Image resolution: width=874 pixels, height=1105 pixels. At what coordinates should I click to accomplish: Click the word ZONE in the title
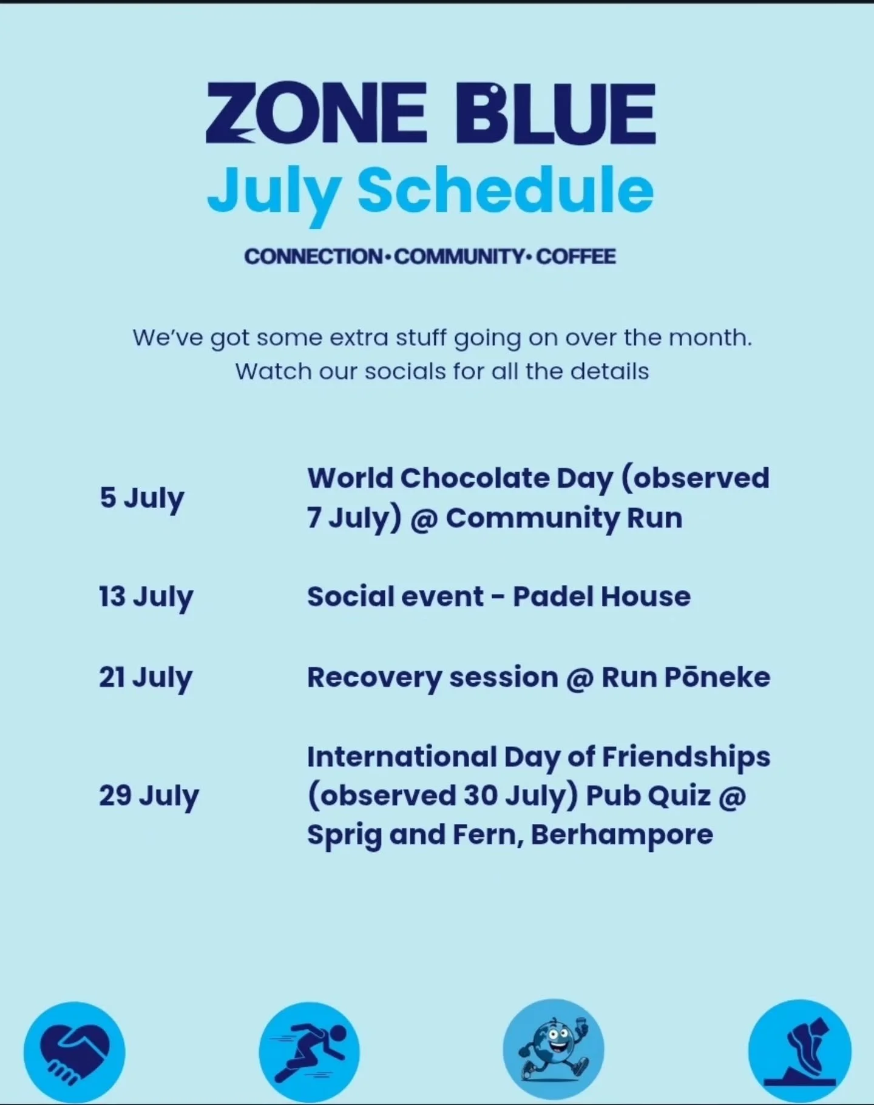click(x=316, y=113)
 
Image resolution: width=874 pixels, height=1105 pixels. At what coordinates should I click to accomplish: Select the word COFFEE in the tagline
click(x=575, y=256)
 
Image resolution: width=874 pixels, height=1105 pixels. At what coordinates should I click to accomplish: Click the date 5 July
click(x=142, y=499)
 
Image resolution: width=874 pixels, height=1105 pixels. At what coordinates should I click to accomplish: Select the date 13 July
click(x=146, y=597)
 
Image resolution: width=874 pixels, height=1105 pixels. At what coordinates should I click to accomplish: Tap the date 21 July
click(x=146, y=678)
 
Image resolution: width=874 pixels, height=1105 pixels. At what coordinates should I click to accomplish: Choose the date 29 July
click(x=149, y=796)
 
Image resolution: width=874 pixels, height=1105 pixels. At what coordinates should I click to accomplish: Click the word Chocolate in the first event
click(x=475, y=478)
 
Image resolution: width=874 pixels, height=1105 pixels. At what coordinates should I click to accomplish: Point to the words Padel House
click(x=601, y=596)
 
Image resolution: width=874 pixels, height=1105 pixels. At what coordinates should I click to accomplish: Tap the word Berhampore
click(x=622, y=834)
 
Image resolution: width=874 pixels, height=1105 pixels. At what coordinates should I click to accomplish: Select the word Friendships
click(x=686, y=757)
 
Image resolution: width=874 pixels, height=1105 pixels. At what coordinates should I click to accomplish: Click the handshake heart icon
click(x=74, y=1052)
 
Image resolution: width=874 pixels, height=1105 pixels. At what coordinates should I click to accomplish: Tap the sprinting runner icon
click(x=309, y=1052)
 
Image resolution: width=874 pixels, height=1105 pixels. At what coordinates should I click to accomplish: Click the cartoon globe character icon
click(x=553, y=1049)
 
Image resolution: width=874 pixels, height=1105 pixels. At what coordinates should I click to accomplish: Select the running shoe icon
click(x=799, y=1050)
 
